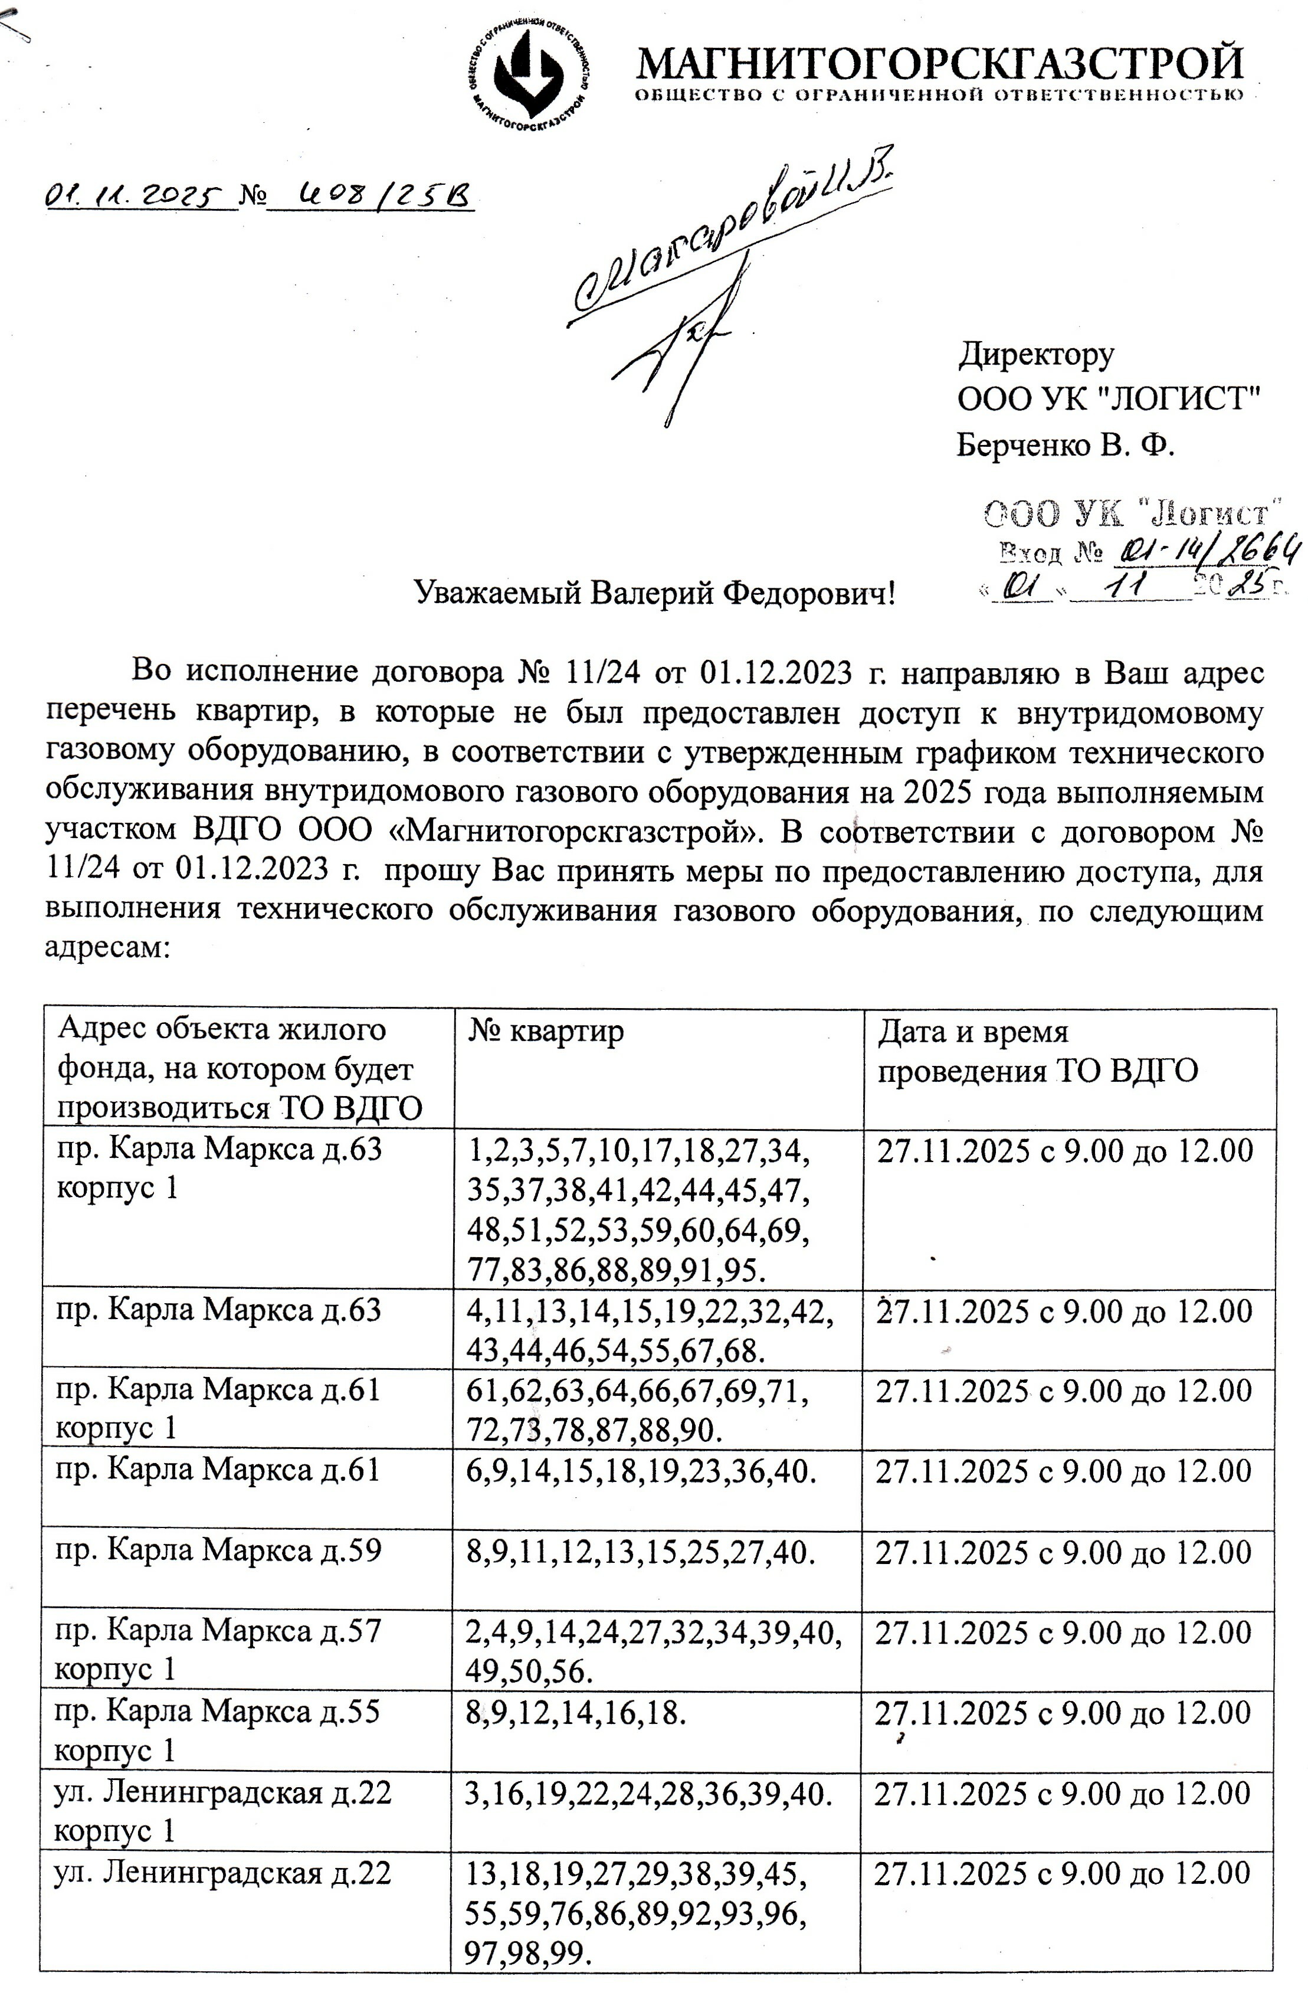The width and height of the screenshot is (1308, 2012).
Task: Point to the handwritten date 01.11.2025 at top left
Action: coord(137,197)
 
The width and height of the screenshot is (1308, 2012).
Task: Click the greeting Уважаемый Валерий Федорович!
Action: coord(655,594)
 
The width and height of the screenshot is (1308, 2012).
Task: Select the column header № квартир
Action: coord(547,1031)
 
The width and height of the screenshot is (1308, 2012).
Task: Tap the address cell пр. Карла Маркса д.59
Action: coord(218,1550)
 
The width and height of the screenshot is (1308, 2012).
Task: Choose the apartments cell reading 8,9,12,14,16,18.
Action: coord(573,1713)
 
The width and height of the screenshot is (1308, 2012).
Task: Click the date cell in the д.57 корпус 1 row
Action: coord(1062,1631)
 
